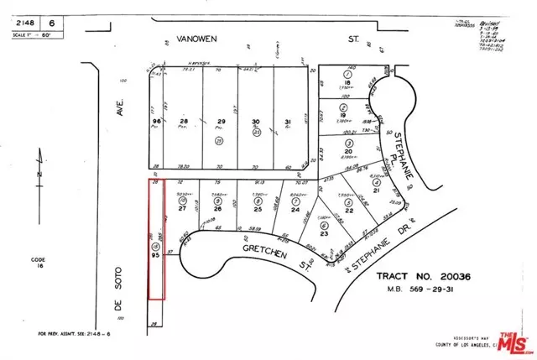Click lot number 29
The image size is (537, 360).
point(222,123)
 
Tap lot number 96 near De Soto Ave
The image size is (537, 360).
point(156,123)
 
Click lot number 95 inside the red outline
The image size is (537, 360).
point(155,256)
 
